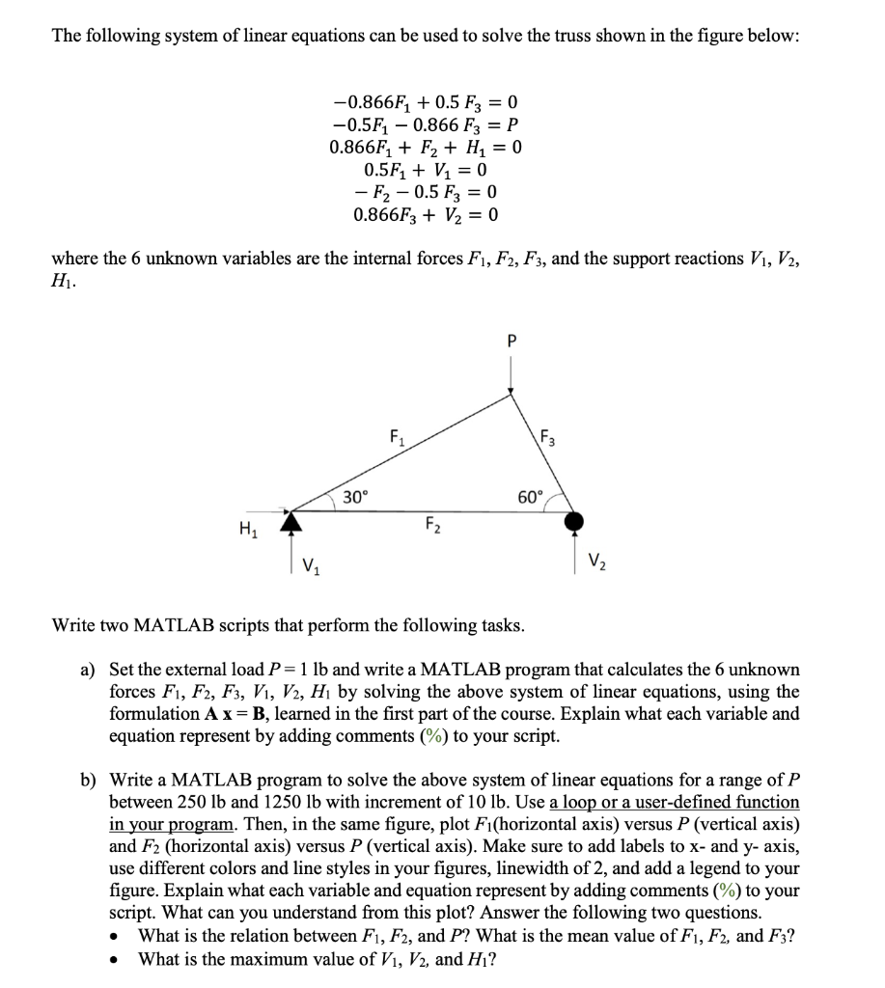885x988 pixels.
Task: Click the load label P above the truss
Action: (512, 341)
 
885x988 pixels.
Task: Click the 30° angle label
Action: (355, 498)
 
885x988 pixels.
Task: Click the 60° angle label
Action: (532, 498)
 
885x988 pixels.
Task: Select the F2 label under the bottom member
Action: (431, 526)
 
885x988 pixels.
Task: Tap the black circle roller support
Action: (575, 521)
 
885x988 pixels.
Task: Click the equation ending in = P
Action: (425, 124)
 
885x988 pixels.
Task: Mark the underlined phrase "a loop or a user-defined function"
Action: (675, 802)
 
